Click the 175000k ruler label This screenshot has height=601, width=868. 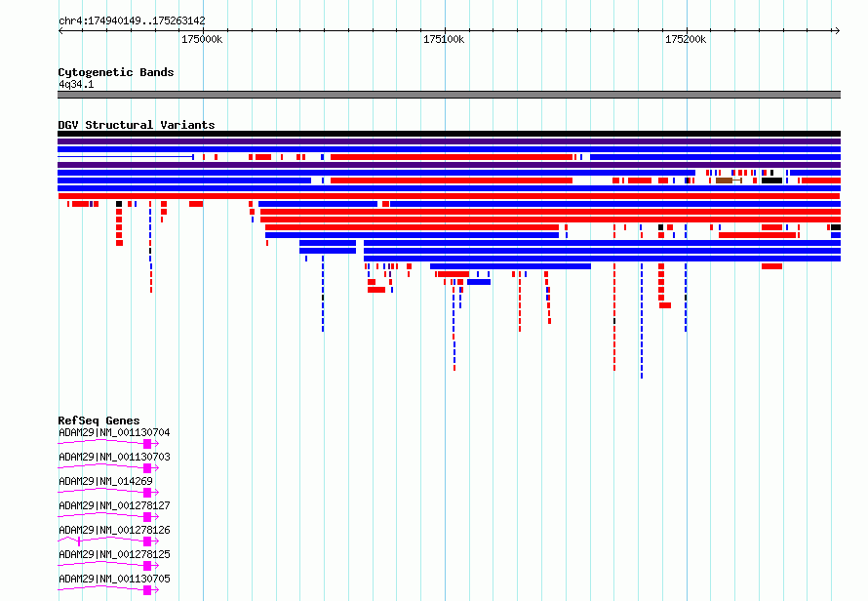click(x=202, y=39)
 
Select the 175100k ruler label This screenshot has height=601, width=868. click(x=444, y=39)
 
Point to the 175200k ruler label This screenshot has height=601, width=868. click(x=686, y=39)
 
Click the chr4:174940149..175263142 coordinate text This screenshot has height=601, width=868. click(x=132, y=20)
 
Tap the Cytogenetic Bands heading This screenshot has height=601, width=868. click(x=116, y=72)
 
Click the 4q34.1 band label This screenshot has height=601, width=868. click(x=76, y=84)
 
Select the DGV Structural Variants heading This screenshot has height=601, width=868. click(x=137, y=125)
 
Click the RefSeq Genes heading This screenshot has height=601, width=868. click(x=99, y=421)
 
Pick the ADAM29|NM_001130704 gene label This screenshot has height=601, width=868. click(x=114, y=432)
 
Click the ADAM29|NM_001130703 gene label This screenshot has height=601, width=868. click(x=114, y=457)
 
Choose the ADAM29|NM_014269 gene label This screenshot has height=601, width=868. click(x=105, y=481)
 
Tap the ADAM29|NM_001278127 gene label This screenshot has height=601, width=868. click(x=114, y=505)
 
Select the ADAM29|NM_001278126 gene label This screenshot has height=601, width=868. click(x=114, y=530)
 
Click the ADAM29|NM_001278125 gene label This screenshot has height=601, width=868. click(x=114, y=554)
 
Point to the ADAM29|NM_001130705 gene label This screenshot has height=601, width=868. click(x=114, y=579)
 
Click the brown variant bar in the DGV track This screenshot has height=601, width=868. click(x=724, y=180)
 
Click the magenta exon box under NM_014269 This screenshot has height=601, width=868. click(x=147, y=493)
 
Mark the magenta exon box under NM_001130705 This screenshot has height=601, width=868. click(x=147, y=590)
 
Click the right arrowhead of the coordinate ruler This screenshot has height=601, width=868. click(x=838, y=30)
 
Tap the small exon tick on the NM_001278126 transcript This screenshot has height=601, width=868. click(x=79, y=541)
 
